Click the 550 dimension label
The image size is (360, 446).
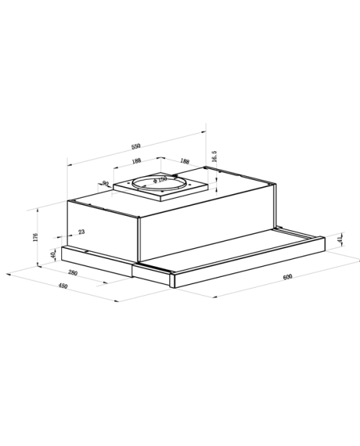[x=136, y=147]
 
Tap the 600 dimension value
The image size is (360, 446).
[x=288, y=277]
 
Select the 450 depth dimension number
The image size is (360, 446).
[x=63, y=286]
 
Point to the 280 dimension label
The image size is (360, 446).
[x=73, y=273]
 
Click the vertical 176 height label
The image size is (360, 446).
[x=35, y=237]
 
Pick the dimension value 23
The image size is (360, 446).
[x=81, y=232]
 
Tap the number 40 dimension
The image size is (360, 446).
[x=53, y=255]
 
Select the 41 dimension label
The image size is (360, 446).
[x=340, y=240]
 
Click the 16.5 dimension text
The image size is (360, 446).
[x=215, y=156]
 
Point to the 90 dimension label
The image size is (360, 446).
[x=105, y=183]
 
